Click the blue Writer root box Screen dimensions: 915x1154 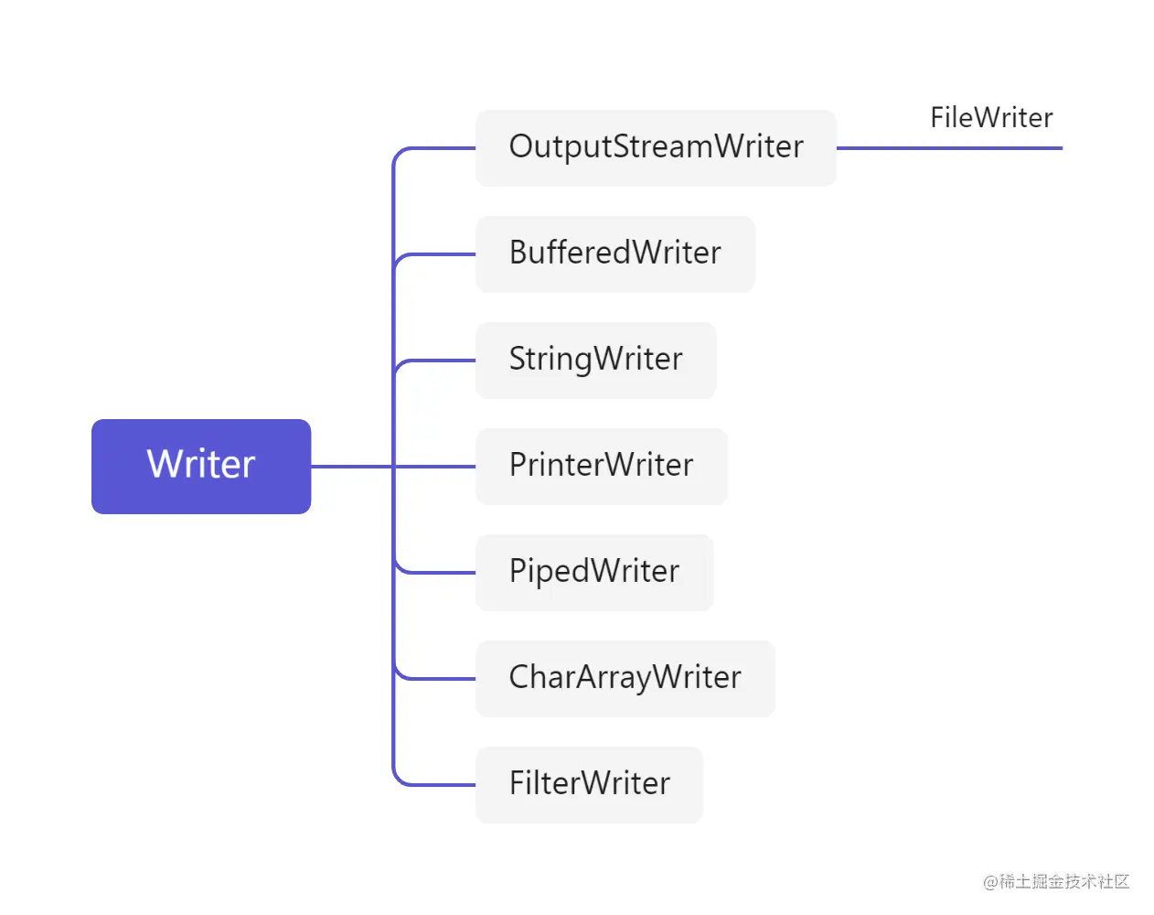point(201,466)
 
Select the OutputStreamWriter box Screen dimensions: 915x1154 point(656,147)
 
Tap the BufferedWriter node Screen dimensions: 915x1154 point(614,253)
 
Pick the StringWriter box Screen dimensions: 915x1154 point(595,360)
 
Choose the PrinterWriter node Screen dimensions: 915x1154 point(601,466)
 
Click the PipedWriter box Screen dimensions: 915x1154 point(593,572)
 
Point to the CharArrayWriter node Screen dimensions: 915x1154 point(625,678)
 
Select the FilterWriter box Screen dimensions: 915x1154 point(589,784)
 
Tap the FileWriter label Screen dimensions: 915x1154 point(991,117)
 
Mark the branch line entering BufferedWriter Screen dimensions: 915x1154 point(439,254)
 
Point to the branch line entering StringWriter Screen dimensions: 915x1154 point(439,361)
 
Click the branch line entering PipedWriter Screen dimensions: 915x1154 point(439,573)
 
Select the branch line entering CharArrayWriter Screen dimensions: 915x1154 point(439,679)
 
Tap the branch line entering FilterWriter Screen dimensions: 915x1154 point(439,785)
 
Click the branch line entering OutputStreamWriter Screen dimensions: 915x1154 point(439,148)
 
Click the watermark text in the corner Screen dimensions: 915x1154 point(1056,881)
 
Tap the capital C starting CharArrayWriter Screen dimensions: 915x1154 point(520,677)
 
